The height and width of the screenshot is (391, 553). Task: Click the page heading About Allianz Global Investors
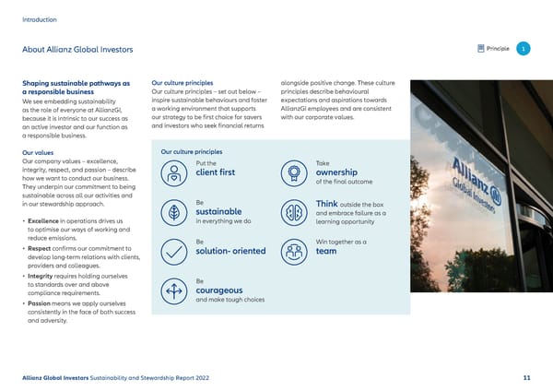[77, 49]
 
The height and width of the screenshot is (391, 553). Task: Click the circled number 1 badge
[524, 48]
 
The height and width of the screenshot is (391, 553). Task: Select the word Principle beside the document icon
[498, 48]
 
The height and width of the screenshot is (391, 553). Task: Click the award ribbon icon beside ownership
[293, 171]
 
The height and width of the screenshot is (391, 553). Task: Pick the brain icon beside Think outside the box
[293, 211]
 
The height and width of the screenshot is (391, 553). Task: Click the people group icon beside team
[293, 250]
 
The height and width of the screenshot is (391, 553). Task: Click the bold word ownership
[337, 172]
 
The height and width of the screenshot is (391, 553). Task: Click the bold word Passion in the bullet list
[42, 302]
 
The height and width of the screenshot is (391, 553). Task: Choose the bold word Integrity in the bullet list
[43, 275]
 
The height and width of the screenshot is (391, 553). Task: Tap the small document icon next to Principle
[481, 48]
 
